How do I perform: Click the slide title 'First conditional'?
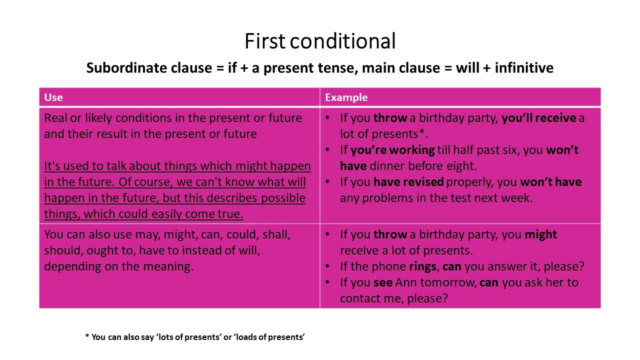coord(320,41)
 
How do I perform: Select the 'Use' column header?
coord(53,97)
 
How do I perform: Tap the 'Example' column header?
coord(346,97)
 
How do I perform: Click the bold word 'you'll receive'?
coord(539,118)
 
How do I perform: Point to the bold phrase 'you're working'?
coord(392,150)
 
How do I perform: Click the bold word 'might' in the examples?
coord(540,234)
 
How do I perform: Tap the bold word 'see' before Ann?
coord(383,282)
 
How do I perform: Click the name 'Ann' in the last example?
coord(406,282)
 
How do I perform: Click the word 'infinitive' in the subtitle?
coord(524,68)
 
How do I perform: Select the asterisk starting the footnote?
coord(87,337)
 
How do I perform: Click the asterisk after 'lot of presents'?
coord(423,133)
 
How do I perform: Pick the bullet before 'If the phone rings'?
coord(327,266)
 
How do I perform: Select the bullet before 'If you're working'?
coord(327,150)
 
